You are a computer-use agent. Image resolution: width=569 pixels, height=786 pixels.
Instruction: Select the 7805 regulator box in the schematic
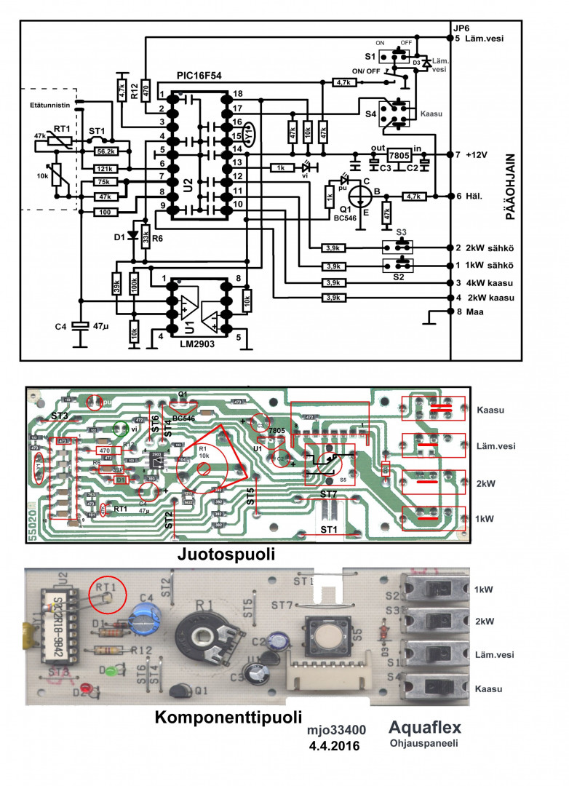click(399, 156)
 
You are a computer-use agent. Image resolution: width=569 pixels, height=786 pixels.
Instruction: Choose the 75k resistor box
click(104, 182)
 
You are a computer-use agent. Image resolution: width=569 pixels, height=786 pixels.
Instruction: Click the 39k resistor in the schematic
click(116, 285)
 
